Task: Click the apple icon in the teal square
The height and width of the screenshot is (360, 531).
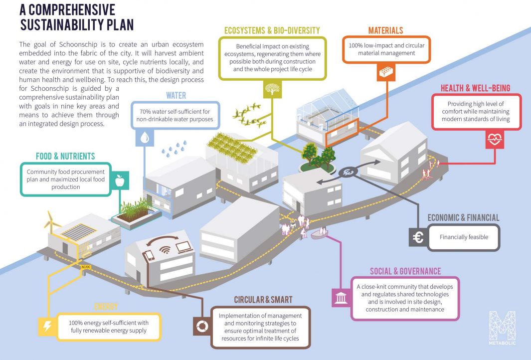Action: (119, 181)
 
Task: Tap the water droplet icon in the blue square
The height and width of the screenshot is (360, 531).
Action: (145, 139)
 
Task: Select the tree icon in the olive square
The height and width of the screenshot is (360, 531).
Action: (271, 90)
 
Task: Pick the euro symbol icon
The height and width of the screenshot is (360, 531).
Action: (418, 237)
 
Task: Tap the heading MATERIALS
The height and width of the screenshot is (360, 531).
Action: (385, 30)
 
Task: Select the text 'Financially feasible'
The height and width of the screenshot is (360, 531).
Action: (463, 237)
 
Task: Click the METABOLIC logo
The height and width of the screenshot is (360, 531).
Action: (502, 329)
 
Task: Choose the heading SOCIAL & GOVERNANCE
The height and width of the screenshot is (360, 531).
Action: (405, 271)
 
